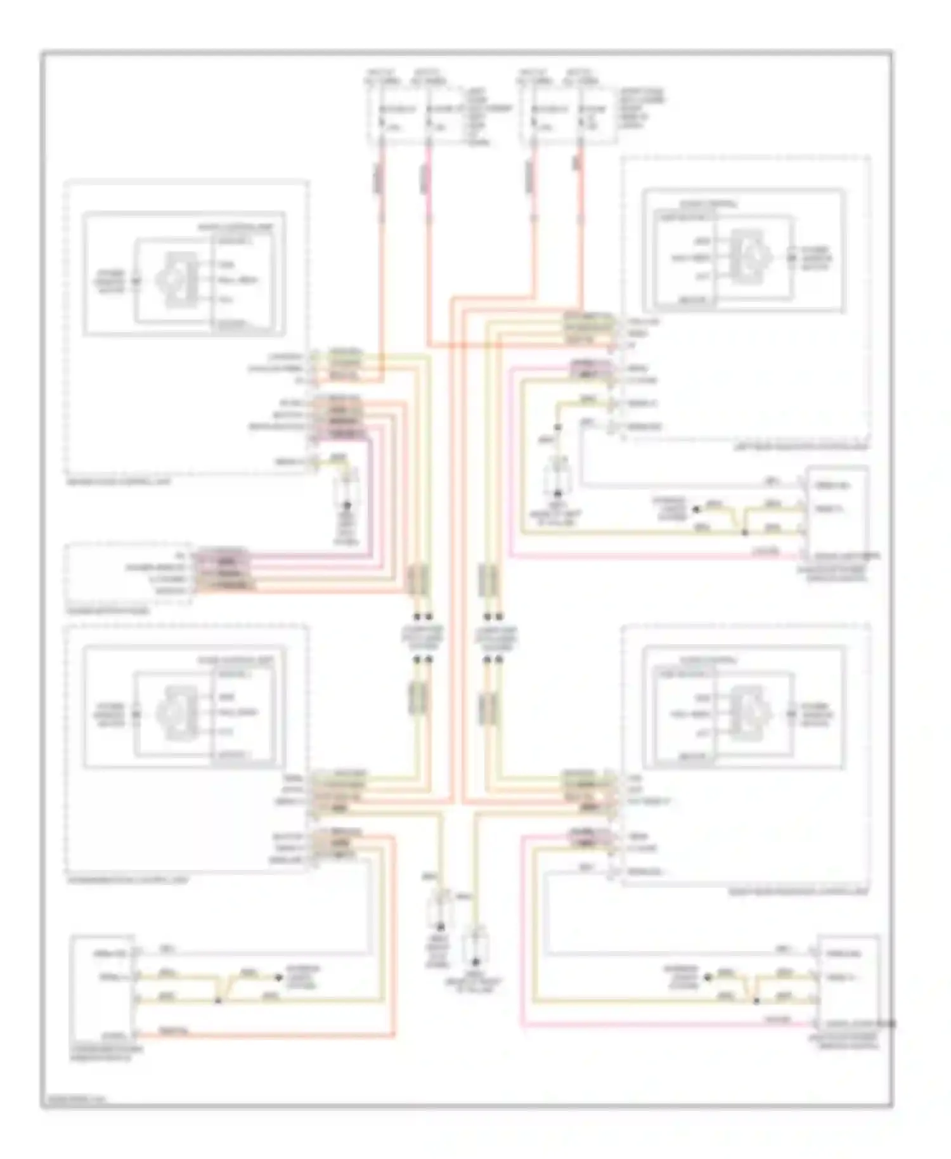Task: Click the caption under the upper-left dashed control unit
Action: [117, 481]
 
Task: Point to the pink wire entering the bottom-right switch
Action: [666, 1024]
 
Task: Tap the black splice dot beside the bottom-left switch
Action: [218, 1001]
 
